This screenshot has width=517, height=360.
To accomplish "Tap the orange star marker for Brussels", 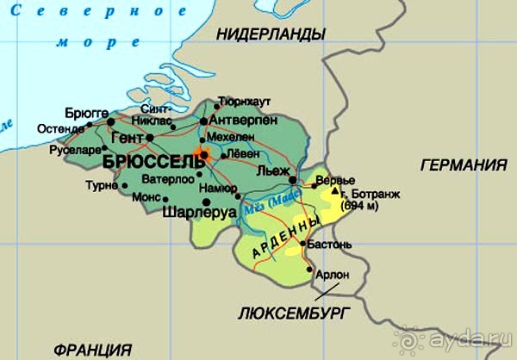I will pyautogui.click(x=202, y=155).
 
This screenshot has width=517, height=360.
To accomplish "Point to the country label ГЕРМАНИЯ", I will pyautogui.click(x=463, y=165).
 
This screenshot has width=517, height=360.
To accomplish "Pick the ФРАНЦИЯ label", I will pyautogui.click(x=91, y=350).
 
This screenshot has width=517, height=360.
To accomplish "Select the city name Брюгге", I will pyautogui.click(x=86, y=113).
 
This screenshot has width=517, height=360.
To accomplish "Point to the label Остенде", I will pyautogui.click(x=61, y=129).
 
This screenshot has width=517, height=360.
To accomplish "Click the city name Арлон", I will pyautogui.click(x=334, y=275).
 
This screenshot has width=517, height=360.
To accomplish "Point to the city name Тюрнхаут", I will pyautogui.click(x=239, y=101).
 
